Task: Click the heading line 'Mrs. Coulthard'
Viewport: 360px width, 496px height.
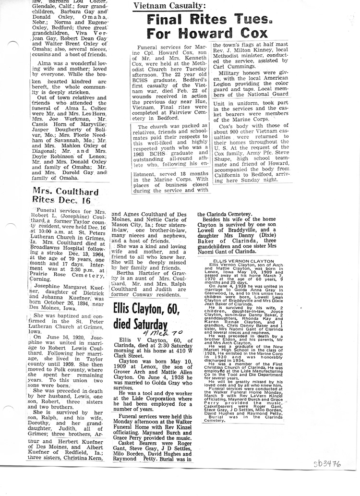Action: pos(66,191)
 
